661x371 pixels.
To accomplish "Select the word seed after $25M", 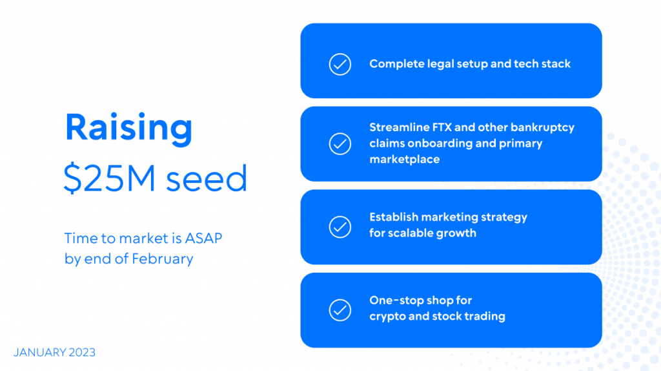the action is coord(207,178).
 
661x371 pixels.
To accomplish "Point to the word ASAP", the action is coord(203,238).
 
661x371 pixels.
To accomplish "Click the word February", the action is coord(162,259).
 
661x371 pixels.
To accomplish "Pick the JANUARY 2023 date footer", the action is coord(54,352).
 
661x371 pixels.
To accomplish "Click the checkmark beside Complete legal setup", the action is coord(340,64).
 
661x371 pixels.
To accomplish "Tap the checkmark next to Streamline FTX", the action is coord(340,144).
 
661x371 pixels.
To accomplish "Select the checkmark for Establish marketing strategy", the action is coord(340,227).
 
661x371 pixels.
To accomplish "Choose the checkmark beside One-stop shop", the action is coord(340,310).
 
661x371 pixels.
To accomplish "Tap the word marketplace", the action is coord(405,160).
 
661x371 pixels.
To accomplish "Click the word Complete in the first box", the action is coord(397,64).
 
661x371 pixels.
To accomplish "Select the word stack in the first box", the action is coord(556,64).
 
